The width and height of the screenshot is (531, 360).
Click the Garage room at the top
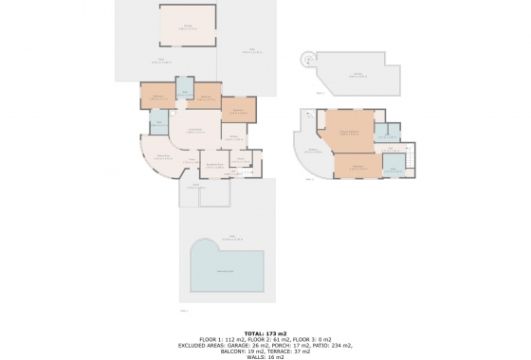pos(186,26)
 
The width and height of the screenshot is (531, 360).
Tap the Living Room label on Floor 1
pos(196,131)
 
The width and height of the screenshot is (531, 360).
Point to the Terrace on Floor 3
pos(357,75)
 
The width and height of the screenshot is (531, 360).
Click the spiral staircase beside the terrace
pos(307,59)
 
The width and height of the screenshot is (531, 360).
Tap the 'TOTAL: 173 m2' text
pos(265,333)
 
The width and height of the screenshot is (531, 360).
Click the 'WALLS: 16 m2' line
pos(265,356)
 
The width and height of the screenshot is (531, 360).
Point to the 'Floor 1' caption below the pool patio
pos(184,310)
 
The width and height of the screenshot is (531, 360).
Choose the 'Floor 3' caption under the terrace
pos(321,94)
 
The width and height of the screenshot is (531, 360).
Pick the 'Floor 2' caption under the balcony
pos(310,180)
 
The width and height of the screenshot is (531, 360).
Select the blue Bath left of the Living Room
pos(158,123)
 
